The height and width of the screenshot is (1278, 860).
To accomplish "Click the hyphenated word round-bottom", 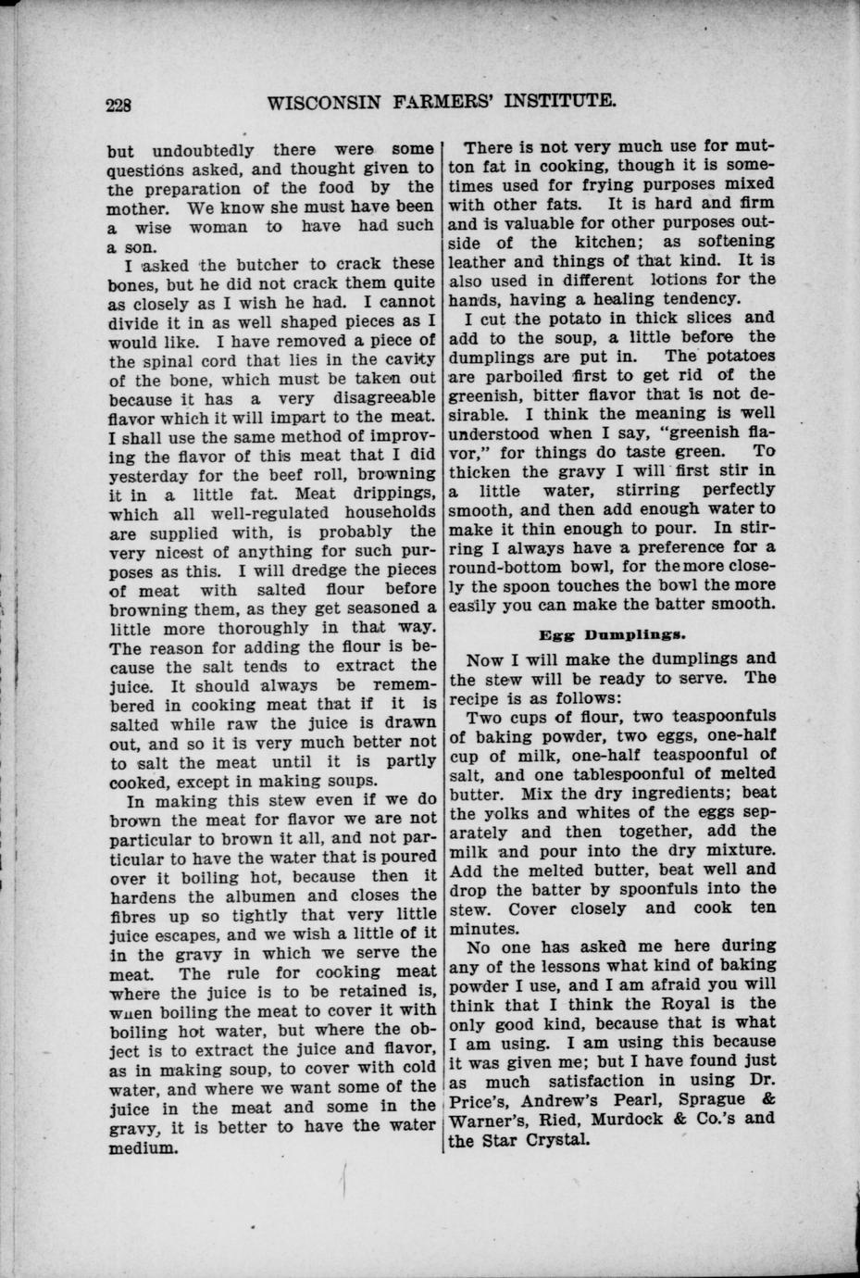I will click(512, 567).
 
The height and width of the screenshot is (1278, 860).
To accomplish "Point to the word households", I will click(380, 512).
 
